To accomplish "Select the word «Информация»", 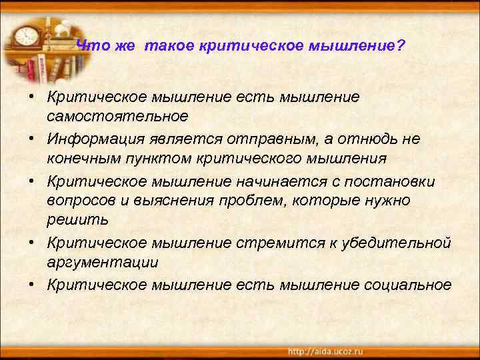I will (93, 138).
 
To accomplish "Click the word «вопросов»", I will (81, 201).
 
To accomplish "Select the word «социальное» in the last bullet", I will (408, 284).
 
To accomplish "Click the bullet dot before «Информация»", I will (31, 138).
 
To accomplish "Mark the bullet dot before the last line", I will (31, 284).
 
